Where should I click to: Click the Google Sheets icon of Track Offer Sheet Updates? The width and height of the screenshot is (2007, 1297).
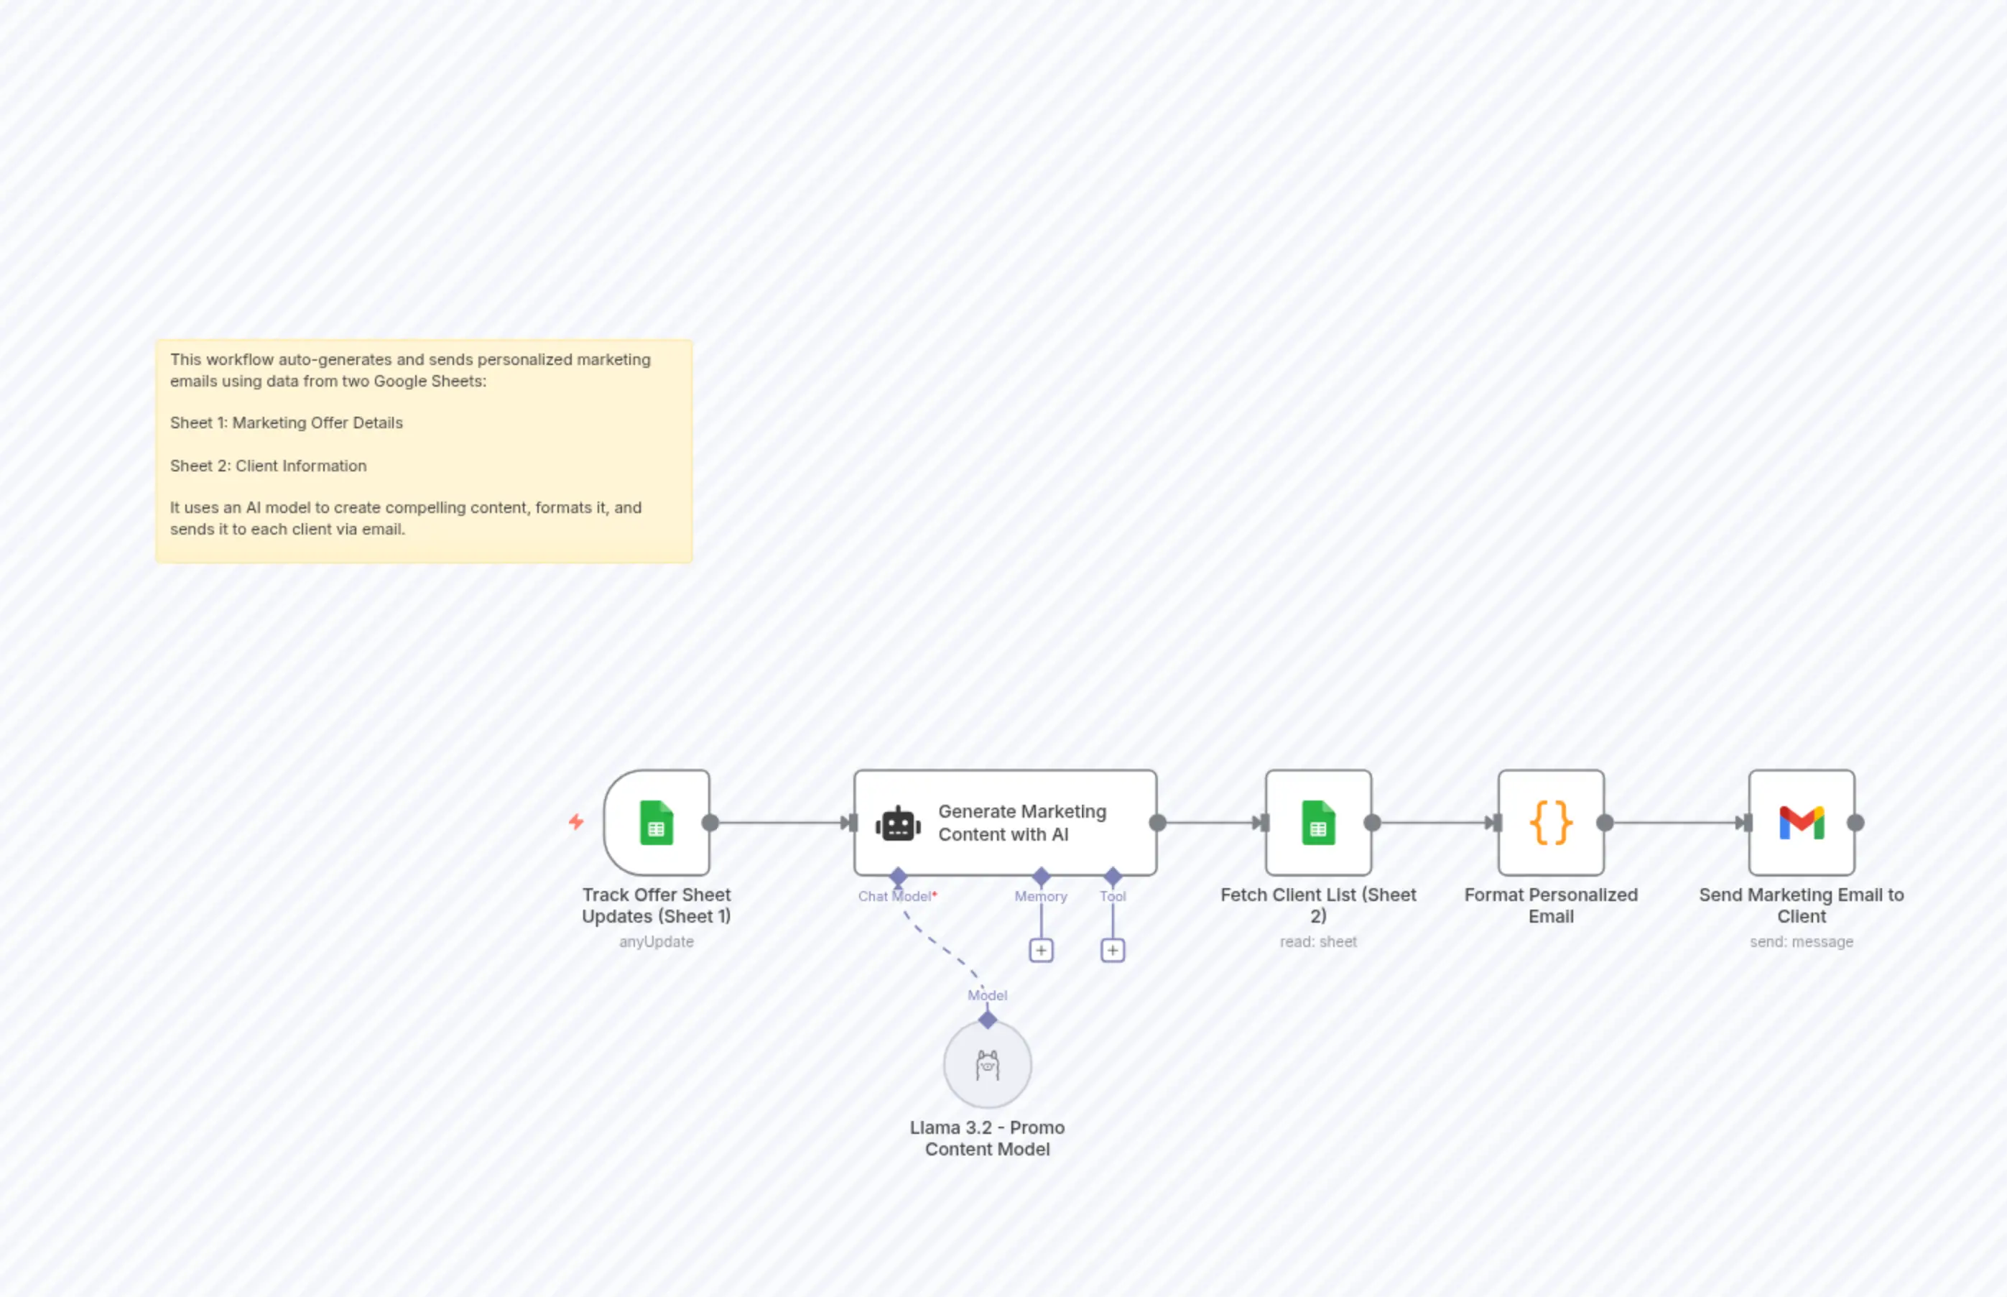coord(656,823)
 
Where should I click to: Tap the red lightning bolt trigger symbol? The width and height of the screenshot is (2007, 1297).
coord(576,821)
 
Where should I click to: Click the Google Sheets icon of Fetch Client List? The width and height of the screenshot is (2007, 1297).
coord(1317,823)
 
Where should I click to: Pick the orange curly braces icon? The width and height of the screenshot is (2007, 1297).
coord(1551,823)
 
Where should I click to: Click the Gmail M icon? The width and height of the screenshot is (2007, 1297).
coord(1801,823)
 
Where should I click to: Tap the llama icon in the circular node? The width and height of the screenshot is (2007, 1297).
coord(987,1066)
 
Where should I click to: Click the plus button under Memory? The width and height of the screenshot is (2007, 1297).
coord(1041,951)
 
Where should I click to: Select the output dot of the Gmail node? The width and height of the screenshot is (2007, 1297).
coord(1855,823)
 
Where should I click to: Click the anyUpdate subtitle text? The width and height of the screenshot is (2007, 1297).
coord(656,941)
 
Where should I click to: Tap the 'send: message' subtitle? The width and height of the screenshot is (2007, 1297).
coord(1801,941)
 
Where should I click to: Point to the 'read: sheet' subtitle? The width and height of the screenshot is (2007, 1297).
coord(1317,941)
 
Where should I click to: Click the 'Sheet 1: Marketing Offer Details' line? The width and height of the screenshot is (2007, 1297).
coord(286,423)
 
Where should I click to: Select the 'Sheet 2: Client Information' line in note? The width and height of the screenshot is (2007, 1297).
coord(268,466)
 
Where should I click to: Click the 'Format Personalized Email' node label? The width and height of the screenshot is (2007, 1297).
coord(1551,905)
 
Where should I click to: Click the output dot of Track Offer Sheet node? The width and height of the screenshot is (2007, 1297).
coord(710,823)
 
